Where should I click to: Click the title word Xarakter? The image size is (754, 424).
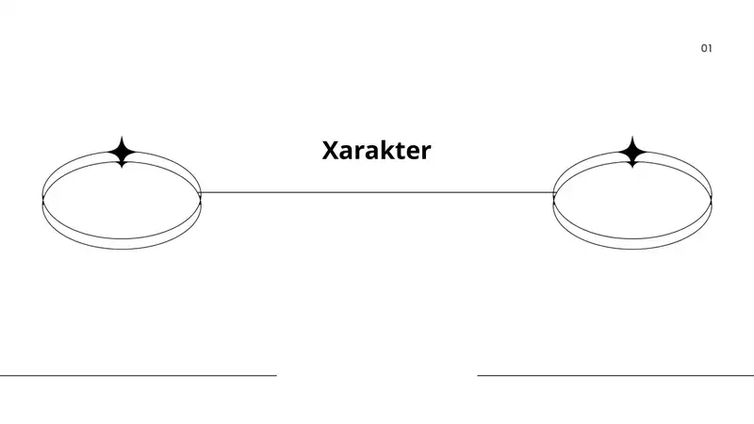376,150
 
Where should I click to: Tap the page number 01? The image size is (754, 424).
706,48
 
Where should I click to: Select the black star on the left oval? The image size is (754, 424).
123,152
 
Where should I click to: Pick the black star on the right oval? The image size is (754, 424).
632,152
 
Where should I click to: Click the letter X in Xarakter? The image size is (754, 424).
331,150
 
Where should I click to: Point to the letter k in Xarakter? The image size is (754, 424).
386,150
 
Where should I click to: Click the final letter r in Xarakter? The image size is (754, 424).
427,153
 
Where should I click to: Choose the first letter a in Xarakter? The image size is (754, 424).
347,153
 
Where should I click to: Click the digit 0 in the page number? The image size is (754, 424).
704,48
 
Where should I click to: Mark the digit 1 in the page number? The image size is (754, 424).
711,48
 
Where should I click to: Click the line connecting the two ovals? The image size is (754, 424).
378,192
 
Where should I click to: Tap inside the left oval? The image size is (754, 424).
122,201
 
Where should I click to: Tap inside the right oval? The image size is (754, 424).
632,201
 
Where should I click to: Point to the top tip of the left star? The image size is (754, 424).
123,137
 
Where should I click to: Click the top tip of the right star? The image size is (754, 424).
632,137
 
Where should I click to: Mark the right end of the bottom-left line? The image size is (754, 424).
276,375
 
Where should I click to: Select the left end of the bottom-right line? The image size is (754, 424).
478,375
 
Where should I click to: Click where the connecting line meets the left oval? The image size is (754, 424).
200,192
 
